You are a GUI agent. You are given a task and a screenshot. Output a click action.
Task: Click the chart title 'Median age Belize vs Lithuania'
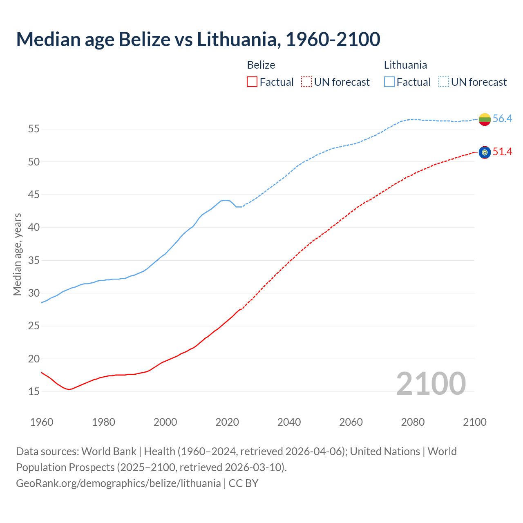198,40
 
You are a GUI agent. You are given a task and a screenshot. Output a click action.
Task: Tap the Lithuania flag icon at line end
485,119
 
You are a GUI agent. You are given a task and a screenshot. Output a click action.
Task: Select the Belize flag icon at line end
485,152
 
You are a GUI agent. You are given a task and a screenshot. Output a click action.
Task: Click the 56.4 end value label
502,119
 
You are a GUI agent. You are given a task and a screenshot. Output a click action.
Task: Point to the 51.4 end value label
502,152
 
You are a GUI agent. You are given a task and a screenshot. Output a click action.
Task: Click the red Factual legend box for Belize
252,82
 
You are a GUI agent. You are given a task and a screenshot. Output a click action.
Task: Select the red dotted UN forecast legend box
306,82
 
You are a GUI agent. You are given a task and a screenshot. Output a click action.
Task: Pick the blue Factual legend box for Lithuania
389,82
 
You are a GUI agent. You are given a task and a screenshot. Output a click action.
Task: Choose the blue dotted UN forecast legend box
444,82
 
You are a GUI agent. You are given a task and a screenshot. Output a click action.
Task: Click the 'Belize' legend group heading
261,65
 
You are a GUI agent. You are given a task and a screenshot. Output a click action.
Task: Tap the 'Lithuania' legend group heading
405,65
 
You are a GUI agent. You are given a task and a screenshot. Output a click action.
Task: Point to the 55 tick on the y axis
34,129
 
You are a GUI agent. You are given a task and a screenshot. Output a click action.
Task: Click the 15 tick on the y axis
34,392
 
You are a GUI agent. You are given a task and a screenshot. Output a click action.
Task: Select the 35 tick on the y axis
34,261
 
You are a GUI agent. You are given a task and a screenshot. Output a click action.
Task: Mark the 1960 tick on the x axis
42,422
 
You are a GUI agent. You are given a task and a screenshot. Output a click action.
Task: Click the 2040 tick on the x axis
289,422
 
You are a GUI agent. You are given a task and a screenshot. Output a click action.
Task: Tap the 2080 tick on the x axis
413,422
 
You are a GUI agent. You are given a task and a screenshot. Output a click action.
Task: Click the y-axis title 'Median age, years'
17,254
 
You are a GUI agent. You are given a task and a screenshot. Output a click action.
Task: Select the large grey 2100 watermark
431,384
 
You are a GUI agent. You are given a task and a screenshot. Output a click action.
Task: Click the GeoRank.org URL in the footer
118,483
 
